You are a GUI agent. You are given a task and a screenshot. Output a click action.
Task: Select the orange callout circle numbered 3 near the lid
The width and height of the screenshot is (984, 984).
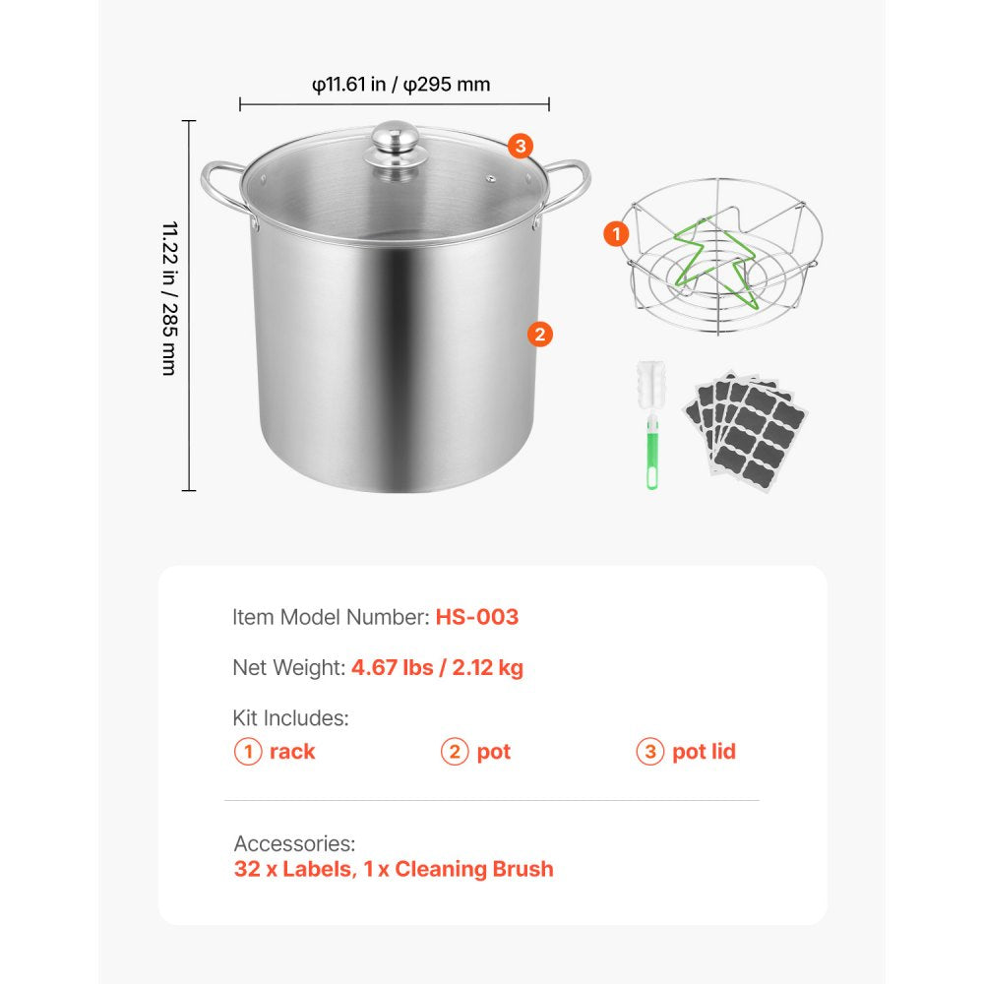pos(522,147)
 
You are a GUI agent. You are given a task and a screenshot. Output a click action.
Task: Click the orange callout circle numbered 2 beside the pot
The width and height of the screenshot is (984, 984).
pos(539,334)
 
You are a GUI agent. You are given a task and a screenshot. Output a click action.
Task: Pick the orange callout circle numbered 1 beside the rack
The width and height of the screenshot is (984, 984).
pos(616,234)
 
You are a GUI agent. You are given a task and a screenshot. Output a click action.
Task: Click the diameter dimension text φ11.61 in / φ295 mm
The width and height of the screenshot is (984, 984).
pos(400,85)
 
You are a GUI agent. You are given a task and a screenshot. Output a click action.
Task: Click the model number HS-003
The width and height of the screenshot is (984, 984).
pos(476,617)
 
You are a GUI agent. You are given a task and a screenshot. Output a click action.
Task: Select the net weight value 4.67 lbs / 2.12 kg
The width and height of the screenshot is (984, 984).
pos(437,668)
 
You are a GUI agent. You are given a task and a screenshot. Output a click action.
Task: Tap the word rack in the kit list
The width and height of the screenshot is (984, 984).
pos(292,752)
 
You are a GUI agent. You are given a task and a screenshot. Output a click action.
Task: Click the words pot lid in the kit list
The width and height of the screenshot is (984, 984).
pos(704,752)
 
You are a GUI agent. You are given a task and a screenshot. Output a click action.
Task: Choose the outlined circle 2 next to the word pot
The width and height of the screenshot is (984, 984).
pos(454,752)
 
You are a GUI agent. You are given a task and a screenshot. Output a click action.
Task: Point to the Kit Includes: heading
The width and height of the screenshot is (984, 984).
pos(290,718)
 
